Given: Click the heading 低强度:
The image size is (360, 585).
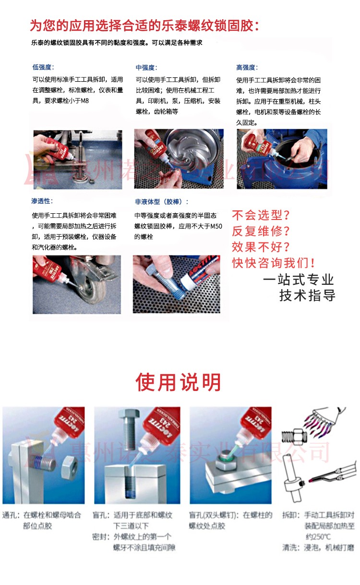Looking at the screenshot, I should click(43, 67).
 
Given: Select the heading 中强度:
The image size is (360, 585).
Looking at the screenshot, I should click(146, 68).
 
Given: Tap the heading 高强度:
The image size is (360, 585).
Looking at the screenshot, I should click(247, 67).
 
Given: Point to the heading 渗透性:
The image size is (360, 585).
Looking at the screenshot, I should click(42, 201).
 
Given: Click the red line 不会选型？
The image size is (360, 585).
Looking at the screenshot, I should click(262, 215).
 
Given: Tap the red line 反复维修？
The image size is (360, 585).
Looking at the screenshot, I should click(262, 231).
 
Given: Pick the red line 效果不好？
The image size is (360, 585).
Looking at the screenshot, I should click(262, 247).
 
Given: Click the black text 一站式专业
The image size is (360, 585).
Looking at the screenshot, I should click(299, 280).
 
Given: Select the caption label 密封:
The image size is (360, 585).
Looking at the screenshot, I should click(101, 536).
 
